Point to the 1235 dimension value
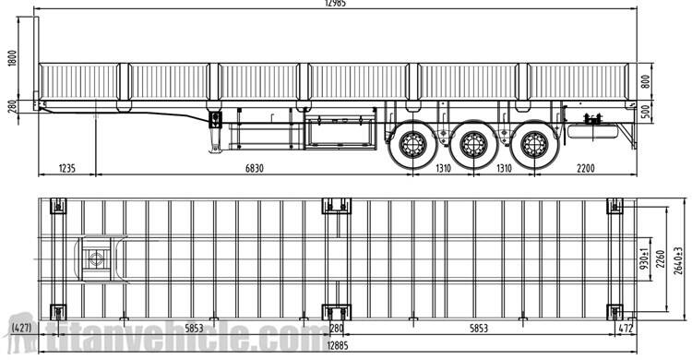click(x=66, y=168)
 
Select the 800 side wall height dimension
click(x=646, y=80)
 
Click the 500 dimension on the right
click(x=646, y=111)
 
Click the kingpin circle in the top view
click(x=95, y=259)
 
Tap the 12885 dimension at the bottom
click(x=336, y=345)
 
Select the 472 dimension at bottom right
click(x=626, y=329)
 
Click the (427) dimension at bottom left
click(x=19, y=329)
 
